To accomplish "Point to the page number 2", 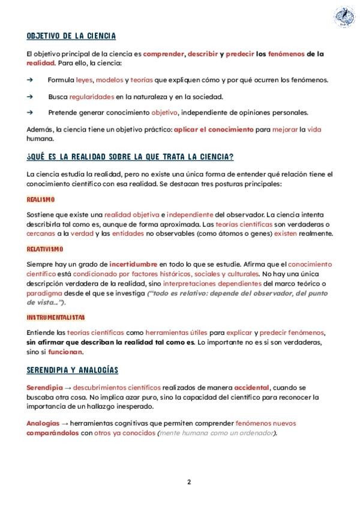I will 188,481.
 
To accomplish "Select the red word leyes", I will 85,80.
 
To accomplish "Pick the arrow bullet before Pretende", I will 30,112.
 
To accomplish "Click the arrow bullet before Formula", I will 30,80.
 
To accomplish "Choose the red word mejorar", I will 284,129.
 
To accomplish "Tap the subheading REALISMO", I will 41,199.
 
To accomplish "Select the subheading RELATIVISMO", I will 45,248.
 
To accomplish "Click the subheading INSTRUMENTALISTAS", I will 55,317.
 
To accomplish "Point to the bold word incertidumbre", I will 133,264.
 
